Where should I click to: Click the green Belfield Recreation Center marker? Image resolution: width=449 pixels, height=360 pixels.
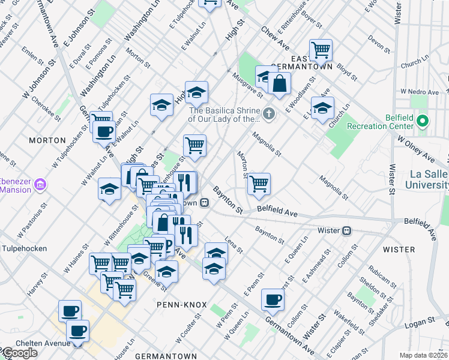[423, 122]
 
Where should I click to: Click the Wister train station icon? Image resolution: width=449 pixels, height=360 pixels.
[346, 230]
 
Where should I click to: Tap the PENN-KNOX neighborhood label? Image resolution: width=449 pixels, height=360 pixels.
[178, 304]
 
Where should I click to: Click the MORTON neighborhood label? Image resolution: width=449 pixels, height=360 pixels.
[47, 140]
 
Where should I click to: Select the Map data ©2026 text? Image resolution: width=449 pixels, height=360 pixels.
[424, 355]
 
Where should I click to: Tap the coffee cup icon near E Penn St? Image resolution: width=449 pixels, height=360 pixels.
[273, 299]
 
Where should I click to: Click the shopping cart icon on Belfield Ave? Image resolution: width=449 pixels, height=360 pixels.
[259, 184]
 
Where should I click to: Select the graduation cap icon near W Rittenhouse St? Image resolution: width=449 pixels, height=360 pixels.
[109, 190]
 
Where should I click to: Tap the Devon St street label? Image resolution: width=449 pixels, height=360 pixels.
[379, 42]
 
